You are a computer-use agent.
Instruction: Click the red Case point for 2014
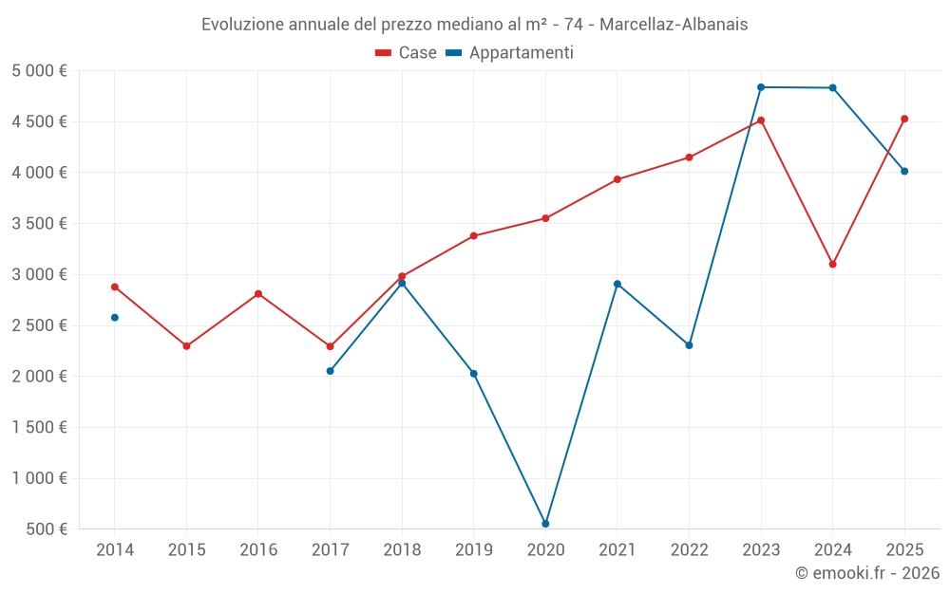[115, 287]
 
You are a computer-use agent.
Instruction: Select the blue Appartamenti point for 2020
[545, 524]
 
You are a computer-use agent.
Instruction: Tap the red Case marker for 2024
[832, 264]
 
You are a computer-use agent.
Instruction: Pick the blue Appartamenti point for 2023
[761, 87]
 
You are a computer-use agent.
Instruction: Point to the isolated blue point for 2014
[115, 318]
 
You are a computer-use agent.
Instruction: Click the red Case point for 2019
[474, 236]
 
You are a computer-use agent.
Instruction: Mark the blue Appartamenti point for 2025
[904, 172]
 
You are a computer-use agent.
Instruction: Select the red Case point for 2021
[617, 179]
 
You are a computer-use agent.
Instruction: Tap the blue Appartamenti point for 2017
[330, 371]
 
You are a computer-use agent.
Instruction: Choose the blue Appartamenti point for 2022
[689, 345]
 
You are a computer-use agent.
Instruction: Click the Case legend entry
[407, 53]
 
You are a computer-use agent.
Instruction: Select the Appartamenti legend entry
[510, 53]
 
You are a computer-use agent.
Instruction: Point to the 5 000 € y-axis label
[40, 71]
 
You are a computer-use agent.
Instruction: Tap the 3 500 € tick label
[40, 224]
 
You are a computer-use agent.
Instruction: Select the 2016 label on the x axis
[258, 550]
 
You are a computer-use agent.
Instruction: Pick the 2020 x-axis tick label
[545, 550]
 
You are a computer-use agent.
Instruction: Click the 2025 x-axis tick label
[904, 550]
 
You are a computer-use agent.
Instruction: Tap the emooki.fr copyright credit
[867, 573]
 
